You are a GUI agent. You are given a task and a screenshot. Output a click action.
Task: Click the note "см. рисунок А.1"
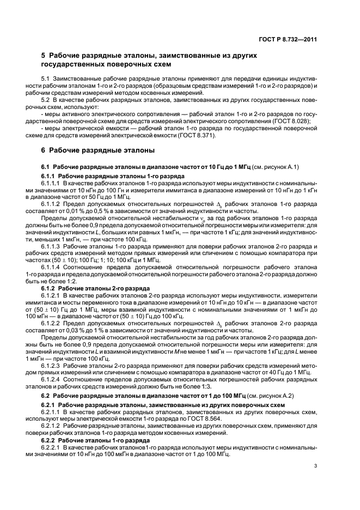pyautogui.click(x=278, y=166)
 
